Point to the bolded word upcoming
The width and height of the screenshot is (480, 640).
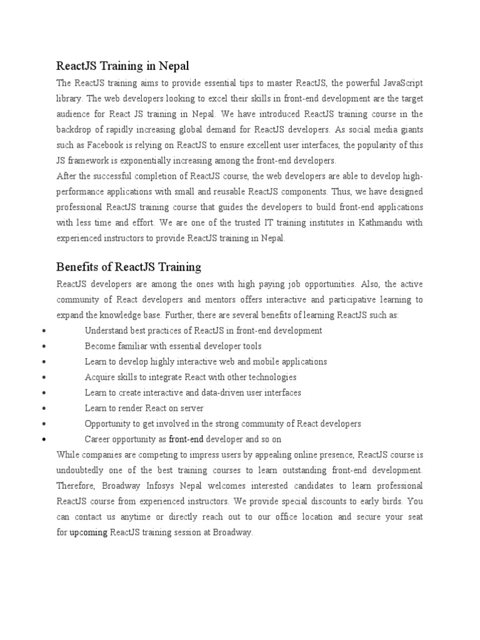tap(88, 532)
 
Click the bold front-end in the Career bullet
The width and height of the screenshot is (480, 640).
tap(186, 439)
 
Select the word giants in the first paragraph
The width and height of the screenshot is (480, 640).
tap(409, 130)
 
